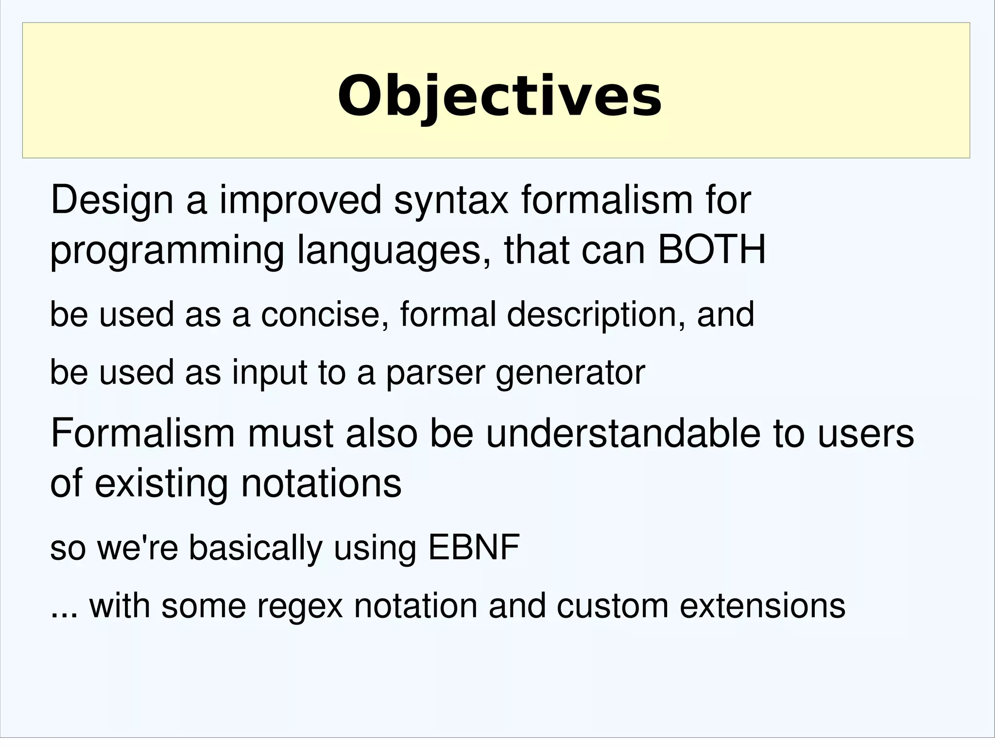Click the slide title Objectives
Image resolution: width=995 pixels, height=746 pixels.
[499, 96]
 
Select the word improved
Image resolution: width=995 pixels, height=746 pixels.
[300, 200]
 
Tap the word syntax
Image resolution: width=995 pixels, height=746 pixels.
[451, 200]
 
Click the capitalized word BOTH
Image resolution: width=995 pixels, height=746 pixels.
[711, 250]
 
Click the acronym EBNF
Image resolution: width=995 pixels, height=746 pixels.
[474, 548]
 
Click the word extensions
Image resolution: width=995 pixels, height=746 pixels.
[762, 606]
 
